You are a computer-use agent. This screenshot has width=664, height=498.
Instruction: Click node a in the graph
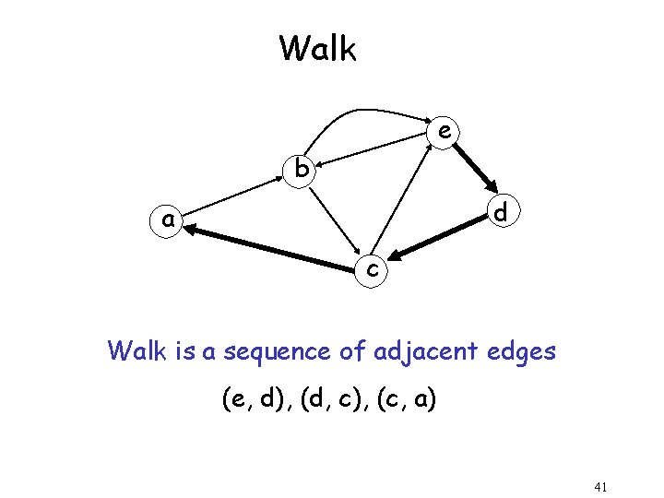(168, 220)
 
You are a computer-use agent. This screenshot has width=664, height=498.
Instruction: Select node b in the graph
(301, 169)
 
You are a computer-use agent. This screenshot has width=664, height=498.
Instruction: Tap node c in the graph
(371, 269)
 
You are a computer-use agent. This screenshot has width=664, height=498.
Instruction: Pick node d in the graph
(500, 213)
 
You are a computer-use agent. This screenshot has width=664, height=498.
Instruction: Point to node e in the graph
(445, 132)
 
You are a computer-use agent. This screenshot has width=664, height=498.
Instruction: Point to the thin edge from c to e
(403, 202)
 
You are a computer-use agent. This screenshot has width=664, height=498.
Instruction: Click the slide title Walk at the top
(317, 48)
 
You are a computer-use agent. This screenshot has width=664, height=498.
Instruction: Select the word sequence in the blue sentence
(266, 351)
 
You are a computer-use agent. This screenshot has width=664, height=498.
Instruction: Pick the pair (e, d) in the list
(253, 400)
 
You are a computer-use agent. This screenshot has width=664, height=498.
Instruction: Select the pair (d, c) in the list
(330, 400)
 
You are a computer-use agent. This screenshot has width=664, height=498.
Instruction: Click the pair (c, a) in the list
(407, 400)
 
